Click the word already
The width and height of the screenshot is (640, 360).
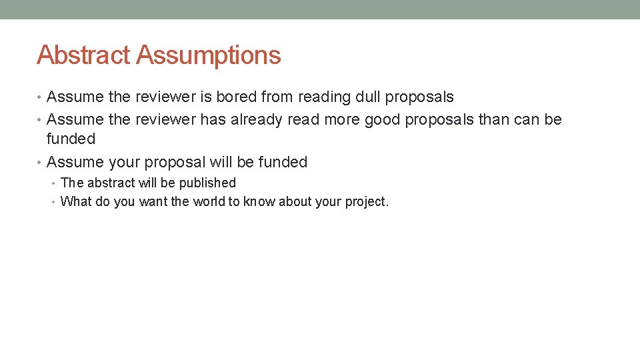tap(257, 120)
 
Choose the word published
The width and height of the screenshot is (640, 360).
tap(207, 183)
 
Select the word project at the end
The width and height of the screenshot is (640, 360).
tap(365, 202)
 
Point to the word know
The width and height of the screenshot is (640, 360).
tap(259, 201)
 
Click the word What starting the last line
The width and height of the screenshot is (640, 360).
tap(76, 201)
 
